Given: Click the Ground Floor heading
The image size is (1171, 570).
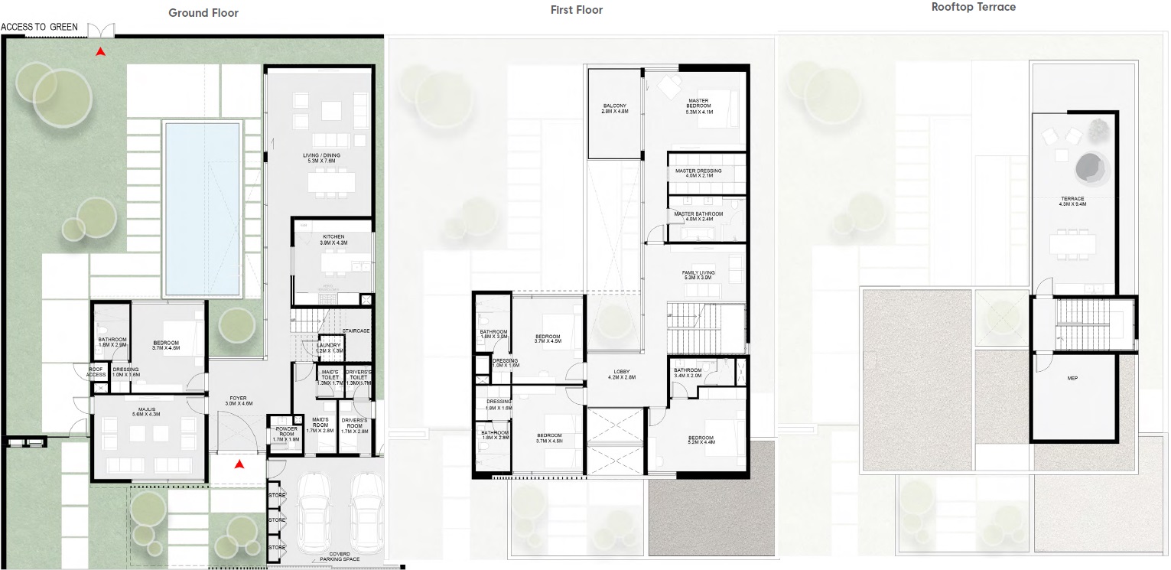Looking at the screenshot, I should (203, 12).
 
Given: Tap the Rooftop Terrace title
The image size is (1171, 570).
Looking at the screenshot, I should (973, 7).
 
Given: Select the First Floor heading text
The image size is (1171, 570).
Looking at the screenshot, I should (577, 10).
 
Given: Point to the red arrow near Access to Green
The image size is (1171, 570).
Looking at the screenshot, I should (99, 52).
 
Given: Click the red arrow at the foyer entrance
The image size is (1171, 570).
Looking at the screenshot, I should (239, 464).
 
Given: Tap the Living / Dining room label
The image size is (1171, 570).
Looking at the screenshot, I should (321, 158).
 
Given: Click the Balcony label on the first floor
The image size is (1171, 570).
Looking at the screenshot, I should (614, 109).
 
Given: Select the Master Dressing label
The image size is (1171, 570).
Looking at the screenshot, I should (698, 171).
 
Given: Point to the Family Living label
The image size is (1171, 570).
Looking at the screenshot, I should (698, 275).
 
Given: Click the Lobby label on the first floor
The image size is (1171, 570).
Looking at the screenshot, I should (620, 373).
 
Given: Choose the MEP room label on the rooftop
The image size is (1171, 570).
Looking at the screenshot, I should (1072, 378).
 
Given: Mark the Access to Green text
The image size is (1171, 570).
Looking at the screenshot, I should (40, 27).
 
